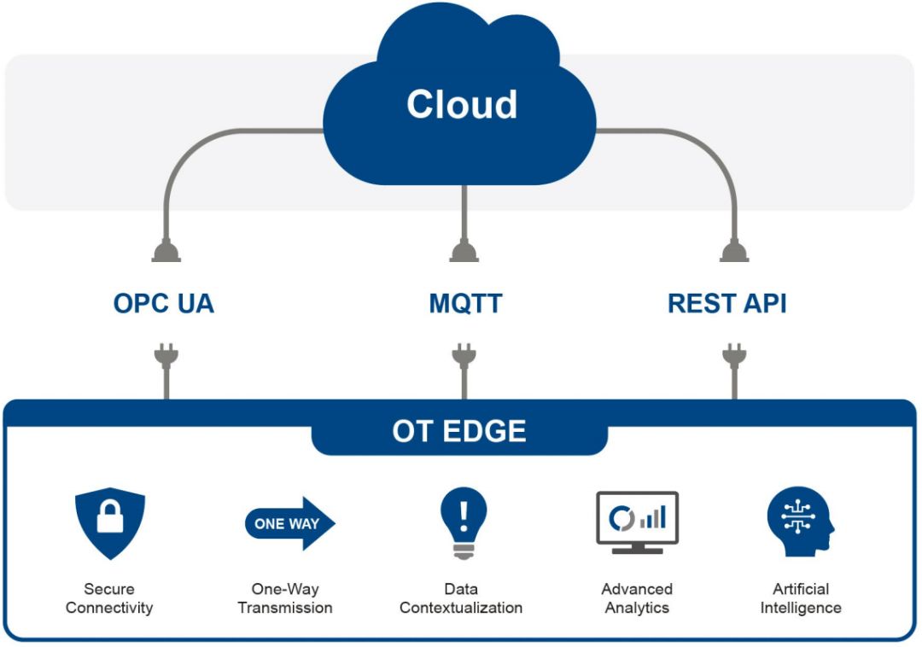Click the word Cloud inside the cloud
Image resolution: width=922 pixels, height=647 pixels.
pos(462,105)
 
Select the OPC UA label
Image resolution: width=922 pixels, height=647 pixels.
pos(163,303)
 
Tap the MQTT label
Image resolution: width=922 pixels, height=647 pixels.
pos(465,303)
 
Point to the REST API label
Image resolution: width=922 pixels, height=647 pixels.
pos(727,303)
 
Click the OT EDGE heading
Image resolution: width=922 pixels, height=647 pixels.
pos(459,431)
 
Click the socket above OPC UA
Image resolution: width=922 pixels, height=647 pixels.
pos(166,252)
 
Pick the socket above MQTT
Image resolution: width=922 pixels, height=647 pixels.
pos(464,252)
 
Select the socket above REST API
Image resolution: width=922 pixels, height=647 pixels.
pos(734,252)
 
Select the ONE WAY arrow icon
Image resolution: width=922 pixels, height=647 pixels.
pos(290,523)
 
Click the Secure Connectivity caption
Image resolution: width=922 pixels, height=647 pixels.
pos(109,598)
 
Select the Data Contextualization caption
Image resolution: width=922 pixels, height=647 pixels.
pos(461,598)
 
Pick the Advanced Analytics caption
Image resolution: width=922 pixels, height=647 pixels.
pos(638,598)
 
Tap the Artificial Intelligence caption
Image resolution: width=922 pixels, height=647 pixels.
pos(801,598)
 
